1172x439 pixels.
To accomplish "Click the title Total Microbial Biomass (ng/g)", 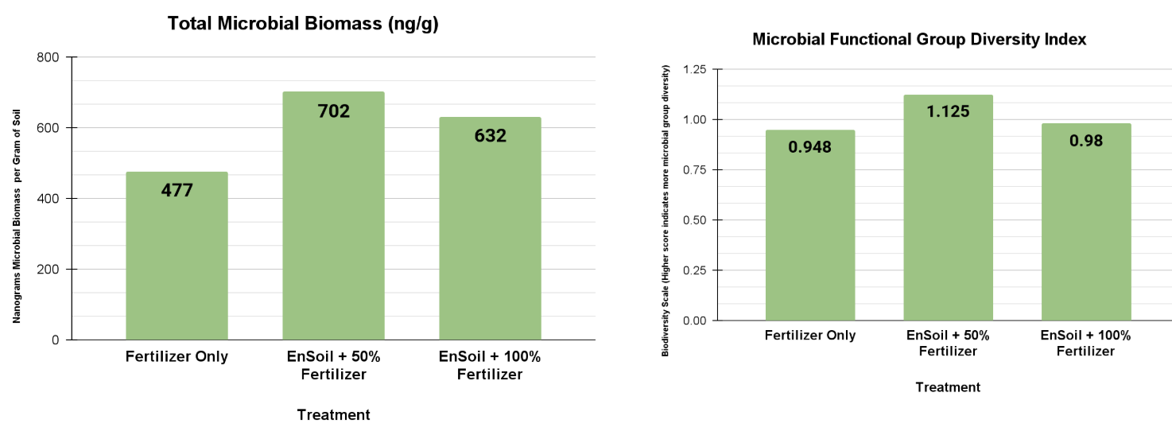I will coord(303,24).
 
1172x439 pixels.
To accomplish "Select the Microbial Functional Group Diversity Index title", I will coord(919,39).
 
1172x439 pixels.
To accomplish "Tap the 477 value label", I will coord(177,191).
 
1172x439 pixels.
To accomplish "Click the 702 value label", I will coord(333,111).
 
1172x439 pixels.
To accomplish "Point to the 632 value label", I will coord(490,136).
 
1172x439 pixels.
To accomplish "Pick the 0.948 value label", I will coord(809,146).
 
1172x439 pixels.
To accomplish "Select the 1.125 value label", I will coord(948,111).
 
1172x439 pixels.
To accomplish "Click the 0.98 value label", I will coord(1085,140).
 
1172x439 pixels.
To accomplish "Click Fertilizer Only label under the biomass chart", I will coord(177,356).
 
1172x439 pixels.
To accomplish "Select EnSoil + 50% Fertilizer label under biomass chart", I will coord(333,365).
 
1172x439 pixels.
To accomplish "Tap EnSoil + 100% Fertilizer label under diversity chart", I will coord(1085,343).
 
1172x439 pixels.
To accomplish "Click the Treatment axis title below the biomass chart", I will coord(333,414).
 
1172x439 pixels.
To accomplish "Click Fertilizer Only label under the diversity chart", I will coord(809,335).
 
